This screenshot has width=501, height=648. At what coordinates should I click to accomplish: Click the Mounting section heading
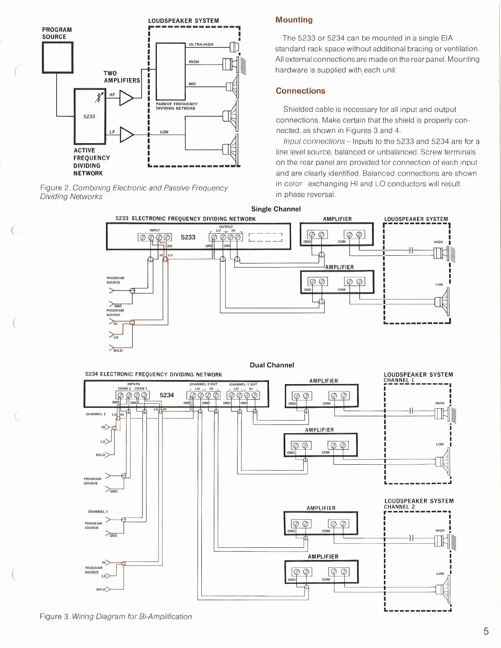click(294, 20)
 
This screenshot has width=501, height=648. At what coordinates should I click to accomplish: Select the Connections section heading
click(300, 91)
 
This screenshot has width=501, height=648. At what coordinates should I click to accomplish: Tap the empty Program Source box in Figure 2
click(58, 58)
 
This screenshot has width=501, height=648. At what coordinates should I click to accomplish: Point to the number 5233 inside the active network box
click(89, 117)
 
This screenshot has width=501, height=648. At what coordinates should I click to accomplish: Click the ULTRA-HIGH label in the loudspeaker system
click(201, 45)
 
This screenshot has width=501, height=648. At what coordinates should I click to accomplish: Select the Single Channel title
click(276, 209)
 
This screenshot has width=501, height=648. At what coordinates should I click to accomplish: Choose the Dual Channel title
click(272, 365)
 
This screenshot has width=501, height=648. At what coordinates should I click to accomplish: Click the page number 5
click(486, 631)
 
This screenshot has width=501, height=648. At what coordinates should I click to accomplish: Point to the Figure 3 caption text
click(116, 616)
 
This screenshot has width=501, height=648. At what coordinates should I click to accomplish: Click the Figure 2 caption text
click(133, 192)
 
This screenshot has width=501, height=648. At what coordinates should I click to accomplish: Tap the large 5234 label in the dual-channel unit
click(167, 395)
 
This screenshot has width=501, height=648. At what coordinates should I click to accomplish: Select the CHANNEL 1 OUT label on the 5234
click(243, 385)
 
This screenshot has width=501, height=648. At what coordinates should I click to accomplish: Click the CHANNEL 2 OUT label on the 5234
click(203, 385)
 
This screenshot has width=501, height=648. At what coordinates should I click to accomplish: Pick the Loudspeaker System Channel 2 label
click(419, 504)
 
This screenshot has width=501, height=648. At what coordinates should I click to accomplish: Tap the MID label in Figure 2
click(192, 84)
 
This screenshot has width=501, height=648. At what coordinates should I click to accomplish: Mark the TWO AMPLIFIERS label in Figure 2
click(122, 77)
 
